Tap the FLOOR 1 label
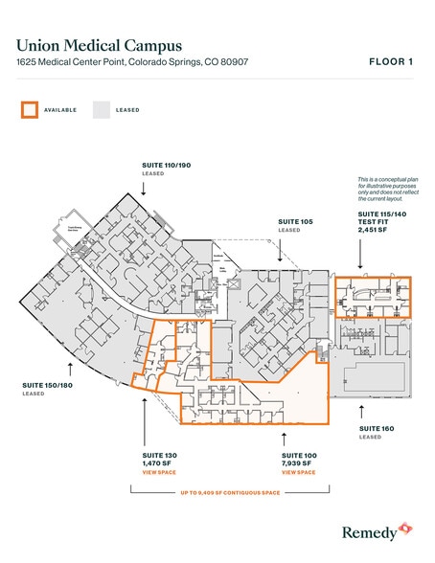[x=392, y=62]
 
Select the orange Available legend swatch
[x=29, y=110]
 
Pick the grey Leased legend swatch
[x=102, y=110]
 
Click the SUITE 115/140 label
[x=381, y=214]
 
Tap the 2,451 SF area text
[x=374, y=231]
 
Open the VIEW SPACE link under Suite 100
[x=298, y=473]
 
